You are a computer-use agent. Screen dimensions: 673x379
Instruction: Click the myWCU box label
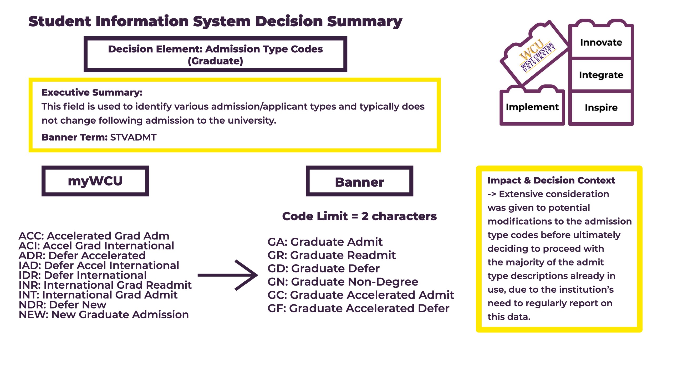pos(95,181)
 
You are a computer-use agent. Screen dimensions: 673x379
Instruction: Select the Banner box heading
pos(359,182)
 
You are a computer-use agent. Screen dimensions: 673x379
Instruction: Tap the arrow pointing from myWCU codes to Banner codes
pos(228,275)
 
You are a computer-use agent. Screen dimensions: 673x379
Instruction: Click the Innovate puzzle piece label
pos(601,42)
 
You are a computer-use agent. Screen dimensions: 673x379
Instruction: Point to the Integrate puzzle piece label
pos(601,75)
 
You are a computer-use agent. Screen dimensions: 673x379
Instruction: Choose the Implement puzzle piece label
pos(532,107)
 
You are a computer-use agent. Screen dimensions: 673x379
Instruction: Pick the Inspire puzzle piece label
pos(601,108)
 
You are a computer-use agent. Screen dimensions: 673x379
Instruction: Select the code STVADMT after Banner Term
pos(133,137)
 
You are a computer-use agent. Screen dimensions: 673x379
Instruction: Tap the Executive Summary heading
pos(92,92)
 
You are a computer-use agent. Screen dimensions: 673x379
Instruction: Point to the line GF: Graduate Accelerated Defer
pos(358,308)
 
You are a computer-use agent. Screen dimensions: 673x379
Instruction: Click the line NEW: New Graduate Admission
pos(104,315)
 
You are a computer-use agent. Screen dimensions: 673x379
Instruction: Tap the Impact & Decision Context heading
pos(551,180)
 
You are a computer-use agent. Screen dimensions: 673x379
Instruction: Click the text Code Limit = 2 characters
pos(359,216)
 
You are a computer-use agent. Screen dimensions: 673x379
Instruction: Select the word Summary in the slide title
pos(365,22)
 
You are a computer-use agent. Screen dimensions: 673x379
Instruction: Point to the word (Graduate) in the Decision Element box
pos(215,61)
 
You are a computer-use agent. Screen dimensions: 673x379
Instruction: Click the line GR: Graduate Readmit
pos(332,255)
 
